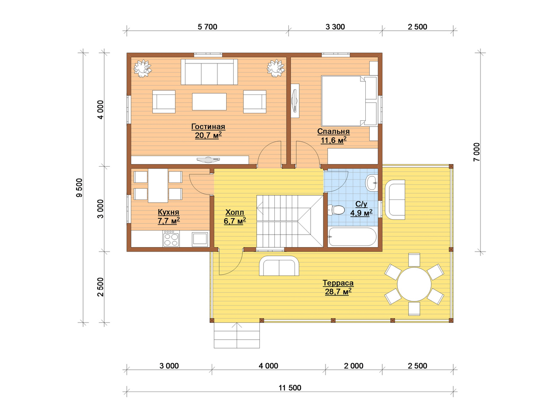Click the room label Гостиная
pyautogui.click(x=208, y=127)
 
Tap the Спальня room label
pyautogui.click(x=333, y=131)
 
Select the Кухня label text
pyautogui.click(x=168, y=212)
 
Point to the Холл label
pyautogui.click(x=234, y=212)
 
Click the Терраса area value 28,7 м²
pyautogui.click(x=338, y=291)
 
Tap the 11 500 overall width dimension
pyautogui.click(x=290, y=388)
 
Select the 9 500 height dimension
pyautogui.click(x=80, y=187)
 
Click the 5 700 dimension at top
pyautogui.click(x=207, y=27)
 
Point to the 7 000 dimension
pyautogui.click(x=476, y=152)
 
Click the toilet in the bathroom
pyautogui.click(x=336, y=210)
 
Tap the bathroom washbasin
pyautogui.click(x=371, y=182)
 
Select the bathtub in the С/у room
pyautogui.click(x=352, y=237)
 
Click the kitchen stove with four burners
pyautogui.click(x=171, y=239)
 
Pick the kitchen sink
pyautogui.click(x=200, y=239)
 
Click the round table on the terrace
pyautogui.click(x=414, y=284)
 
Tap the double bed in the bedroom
pyautogui.click(x=349, y=101)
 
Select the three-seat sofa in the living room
pyautogui.click(x=209, y=72)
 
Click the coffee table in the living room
pyautogui.click(x=209, y=102)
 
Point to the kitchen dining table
pyautogui.click(x=158, y=185)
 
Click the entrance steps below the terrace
pyautogui.click(x=237, y=335)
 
